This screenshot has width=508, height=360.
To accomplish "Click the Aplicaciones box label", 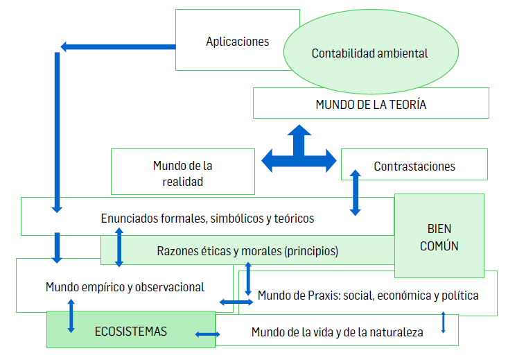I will pyautogui.click(x=237, y=42).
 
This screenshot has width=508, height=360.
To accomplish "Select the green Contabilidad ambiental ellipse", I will pyautogui.click(x=369, y=53).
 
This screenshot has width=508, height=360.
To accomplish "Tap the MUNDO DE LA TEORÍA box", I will pyautogui.click(x=370, y=105).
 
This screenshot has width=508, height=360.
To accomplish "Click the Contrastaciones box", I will pyautogui.click(x=414, y=166).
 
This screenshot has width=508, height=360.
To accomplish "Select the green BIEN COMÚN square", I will pyautogui.click(x=439, y=237).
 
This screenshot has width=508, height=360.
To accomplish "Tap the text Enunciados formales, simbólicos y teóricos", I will pyautogui.click(x=207, y=218).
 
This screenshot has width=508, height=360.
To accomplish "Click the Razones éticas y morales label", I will pyautogui.click(x=247, y=251).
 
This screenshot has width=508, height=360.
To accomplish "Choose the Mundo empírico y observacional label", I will pyautogui.click(x=125, y=286).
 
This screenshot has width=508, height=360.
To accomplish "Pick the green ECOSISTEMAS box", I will pyautogui.click(x=131, y=331).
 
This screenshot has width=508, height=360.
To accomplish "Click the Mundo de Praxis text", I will pyautogui.click(x=368, y=295).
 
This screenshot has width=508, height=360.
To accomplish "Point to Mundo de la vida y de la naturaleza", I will pyautogui.click(x=337, y=332).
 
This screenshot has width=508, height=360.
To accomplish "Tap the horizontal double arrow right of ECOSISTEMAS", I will pyautogui.click(x=208, y=334).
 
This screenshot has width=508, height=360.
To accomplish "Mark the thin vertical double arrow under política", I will pyautogui.click(x=444, y=323).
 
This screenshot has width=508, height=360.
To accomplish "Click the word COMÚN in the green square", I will pyautogui.click(x=439, y=246).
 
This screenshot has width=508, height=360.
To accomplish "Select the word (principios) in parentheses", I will pyautogui.click(x=310, y=251).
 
